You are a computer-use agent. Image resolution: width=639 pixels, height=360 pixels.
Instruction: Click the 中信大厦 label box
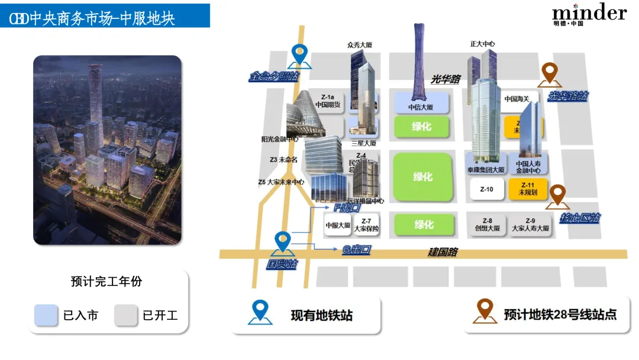point(421,102)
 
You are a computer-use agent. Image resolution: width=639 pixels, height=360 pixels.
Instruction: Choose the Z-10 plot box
point(486,189)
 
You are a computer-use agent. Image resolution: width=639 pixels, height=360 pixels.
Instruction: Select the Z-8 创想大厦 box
point(487,224)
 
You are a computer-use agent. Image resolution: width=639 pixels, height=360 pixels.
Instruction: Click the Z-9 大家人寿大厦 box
point(530,224)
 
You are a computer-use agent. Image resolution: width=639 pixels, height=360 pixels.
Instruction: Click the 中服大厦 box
point(338,225)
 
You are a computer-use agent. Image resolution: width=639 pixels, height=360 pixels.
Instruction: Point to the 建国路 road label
point(443,252)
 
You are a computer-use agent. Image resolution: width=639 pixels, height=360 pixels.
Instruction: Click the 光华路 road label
point(445,79)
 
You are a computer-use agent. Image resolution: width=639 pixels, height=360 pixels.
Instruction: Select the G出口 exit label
point(356,250)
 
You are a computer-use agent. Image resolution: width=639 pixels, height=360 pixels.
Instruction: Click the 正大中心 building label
point(482,44)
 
